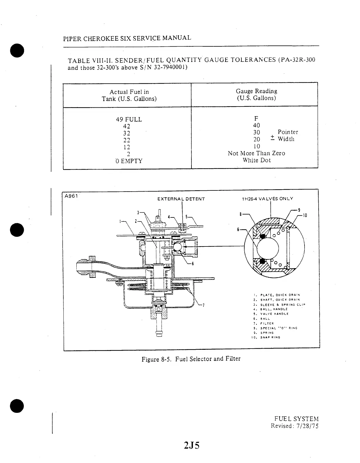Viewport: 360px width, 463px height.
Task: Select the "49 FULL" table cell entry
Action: (129, 119)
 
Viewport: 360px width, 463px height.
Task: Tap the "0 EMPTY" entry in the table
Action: (129, 161)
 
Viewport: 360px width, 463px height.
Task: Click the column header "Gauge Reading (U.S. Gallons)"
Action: (256, 94)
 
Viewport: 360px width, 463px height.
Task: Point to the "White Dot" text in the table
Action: (256, 160)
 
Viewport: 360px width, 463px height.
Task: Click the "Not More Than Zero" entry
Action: (256, 153)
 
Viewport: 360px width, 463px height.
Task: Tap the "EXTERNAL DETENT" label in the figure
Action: (181, 199)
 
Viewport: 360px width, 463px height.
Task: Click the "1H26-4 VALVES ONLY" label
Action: (267, 199)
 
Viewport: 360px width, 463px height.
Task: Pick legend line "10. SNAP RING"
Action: (265, 337)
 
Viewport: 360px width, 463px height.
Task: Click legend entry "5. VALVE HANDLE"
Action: (270, 314)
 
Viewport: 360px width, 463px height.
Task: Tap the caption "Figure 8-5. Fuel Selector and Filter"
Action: (191, 359)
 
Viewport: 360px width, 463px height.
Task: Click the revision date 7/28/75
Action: (307, 426)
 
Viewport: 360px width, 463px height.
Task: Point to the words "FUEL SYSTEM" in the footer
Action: (296, 419)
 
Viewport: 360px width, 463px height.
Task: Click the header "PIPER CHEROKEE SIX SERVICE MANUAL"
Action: (127, 38)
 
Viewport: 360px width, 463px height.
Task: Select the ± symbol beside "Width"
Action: (272, 138)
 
